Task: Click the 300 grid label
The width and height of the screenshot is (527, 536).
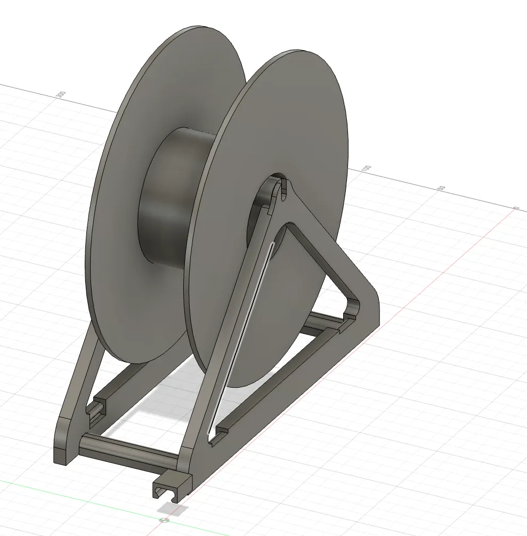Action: point(61,94)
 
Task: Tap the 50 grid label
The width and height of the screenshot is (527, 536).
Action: point(441,188)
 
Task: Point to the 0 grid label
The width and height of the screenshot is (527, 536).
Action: point(515,208)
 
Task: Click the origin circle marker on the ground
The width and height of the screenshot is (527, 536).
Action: point(164,519)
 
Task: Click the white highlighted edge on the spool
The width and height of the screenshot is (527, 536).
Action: point(240,336)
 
